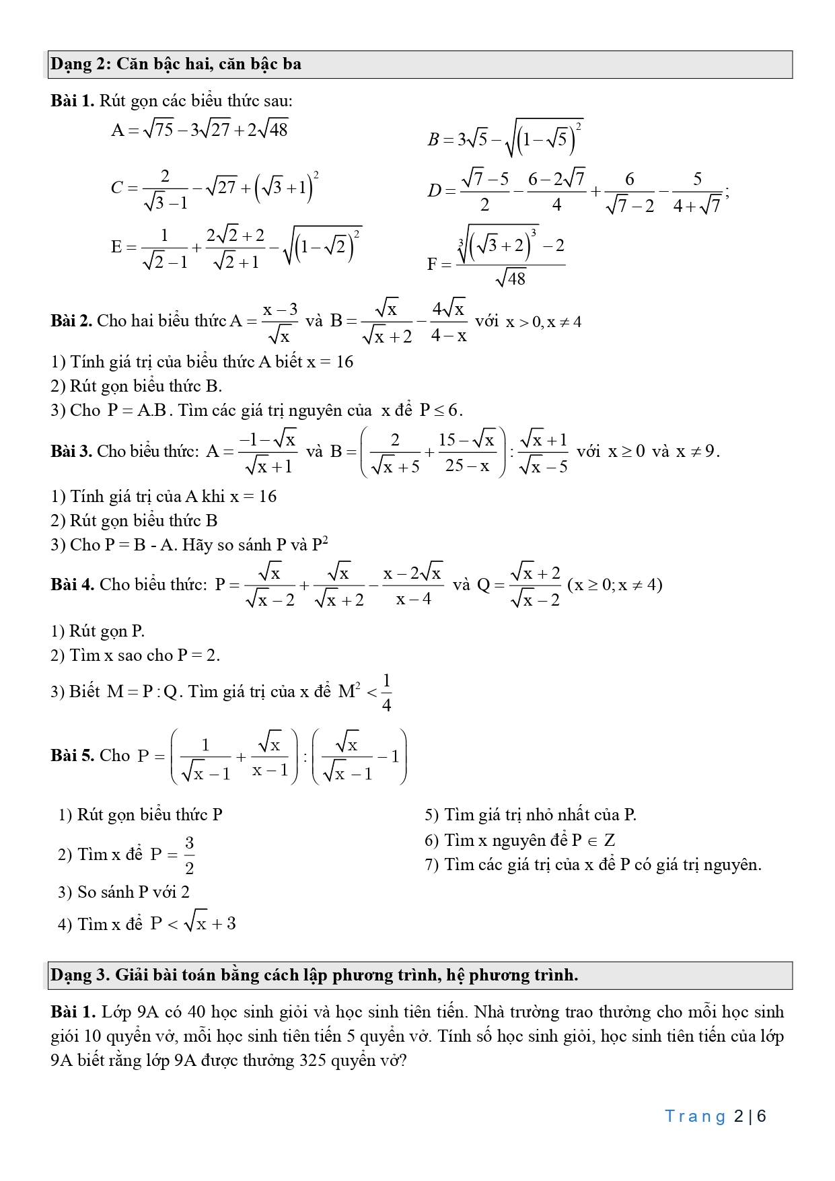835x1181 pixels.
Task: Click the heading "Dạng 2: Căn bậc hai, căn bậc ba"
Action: (x=176, y=65)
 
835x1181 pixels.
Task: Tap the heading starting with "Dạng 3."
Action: (x=314, y=975)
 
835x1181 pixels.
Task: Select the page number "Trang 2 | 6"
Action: (x=715, y=1116)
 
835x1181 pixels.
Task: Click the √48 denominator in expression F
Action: (x=510, y=278)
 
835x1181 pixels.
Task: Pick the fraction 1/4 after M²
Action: (x=386, y=692)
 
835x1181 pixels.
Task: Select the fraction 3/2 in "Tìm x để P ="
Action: (x=189, y=855)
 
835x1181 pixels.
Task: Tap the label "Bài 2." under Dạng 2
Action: (x=71, y=321)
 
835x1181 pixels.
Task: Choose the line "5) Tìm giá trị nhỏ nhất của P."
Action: (x=530, y=815)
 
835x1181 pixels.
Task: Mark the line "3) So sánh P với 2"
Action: (x=124, y=892)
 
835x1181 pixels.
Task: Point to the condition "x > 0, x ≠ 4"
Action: (x=544, y=322)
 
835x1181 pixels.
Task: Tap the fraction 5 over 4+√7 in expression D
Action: (x=697, y=192)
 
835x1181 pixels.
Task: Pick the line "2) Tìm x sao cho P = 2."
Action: (x=135, y=655)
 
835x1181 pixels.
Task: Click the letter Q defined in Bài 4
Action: (x=483, y=585)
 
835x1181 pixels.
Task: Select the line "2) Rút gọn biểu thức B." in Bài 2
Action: (x=136, y=386)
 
